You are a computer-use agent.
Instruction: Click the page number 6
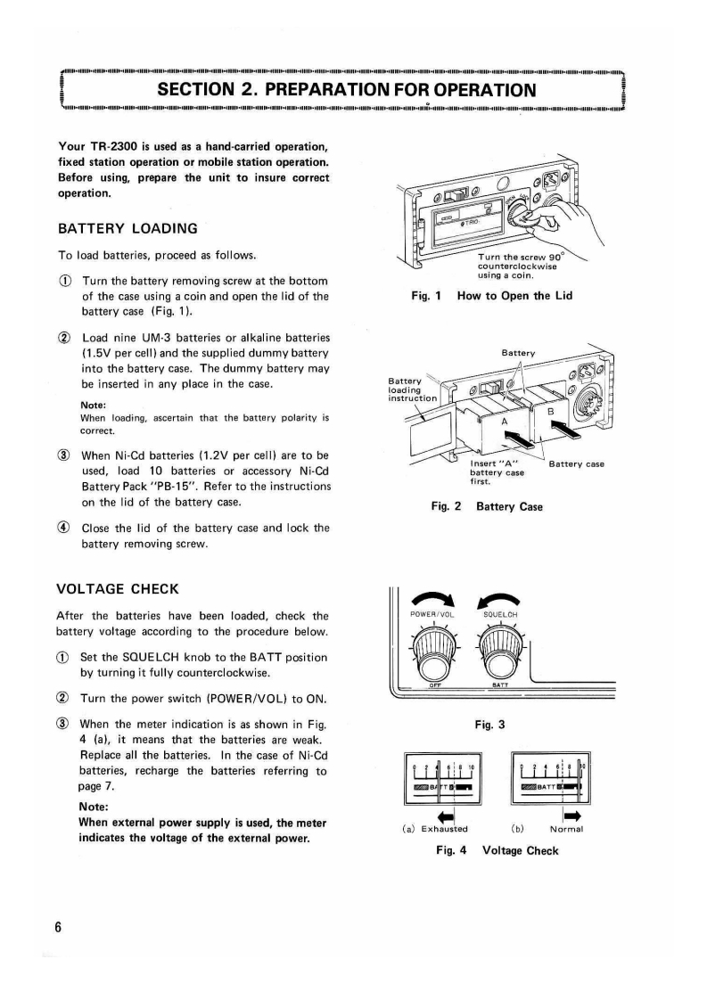click(59, 927)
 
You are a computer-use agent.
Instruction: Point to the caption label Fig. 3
click(495, 725)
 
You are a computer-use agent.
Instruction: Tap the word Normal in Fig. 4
click(566, 830)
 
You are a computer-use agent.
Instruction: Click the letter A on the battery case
click(506, 422)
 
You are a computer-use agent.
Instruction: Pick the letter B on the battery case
click(550, 412)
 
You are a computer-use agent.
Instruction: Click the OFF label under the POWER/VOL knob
click(436, 684)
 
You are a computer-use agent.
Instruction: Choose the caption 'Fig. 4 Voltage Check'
click(497, 850)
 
